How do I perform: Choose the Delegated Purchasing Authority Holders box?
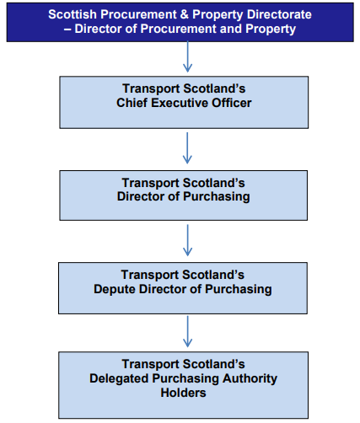coord(183,383)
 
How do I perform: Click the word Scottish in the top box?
coord(72,14)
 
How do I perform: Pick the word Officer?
coord(233,103)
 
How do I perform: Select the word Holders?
coord(183,393)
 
